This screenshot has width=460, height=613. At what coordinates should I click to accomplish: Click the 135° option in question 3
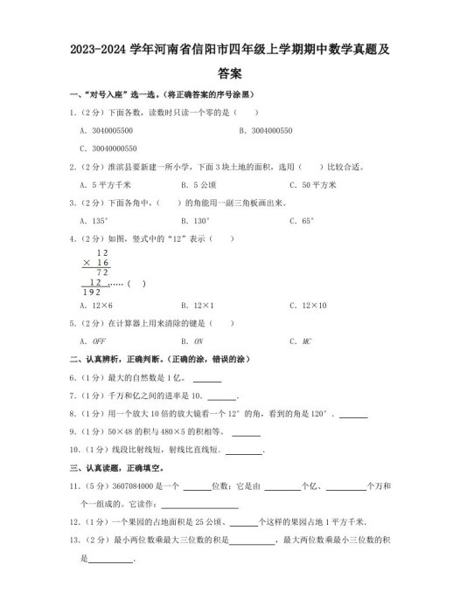pos(94,221)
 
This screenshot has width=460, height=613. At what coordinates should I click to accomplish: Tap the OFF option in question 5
pos(93,341)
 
